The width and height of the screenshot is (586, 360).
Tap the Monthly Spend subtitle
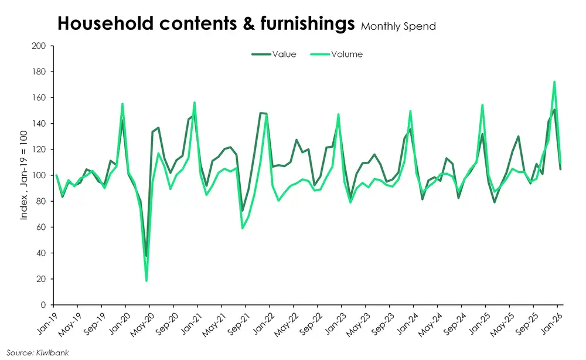(x=398, y=26)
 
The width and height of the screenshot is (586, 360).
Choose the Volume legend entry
(x=347, y=55)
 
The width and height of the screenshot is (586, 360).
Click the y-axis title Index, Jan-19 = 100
(x=25, y=175)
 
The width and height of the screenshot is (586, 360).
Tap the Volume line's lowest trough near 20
(x=146, y=280)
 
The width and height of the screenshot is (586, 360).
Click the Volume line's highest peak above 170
(x=554, y=82)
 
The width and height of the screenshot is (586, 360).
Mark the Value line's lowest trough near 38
(x=146, y=256)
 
